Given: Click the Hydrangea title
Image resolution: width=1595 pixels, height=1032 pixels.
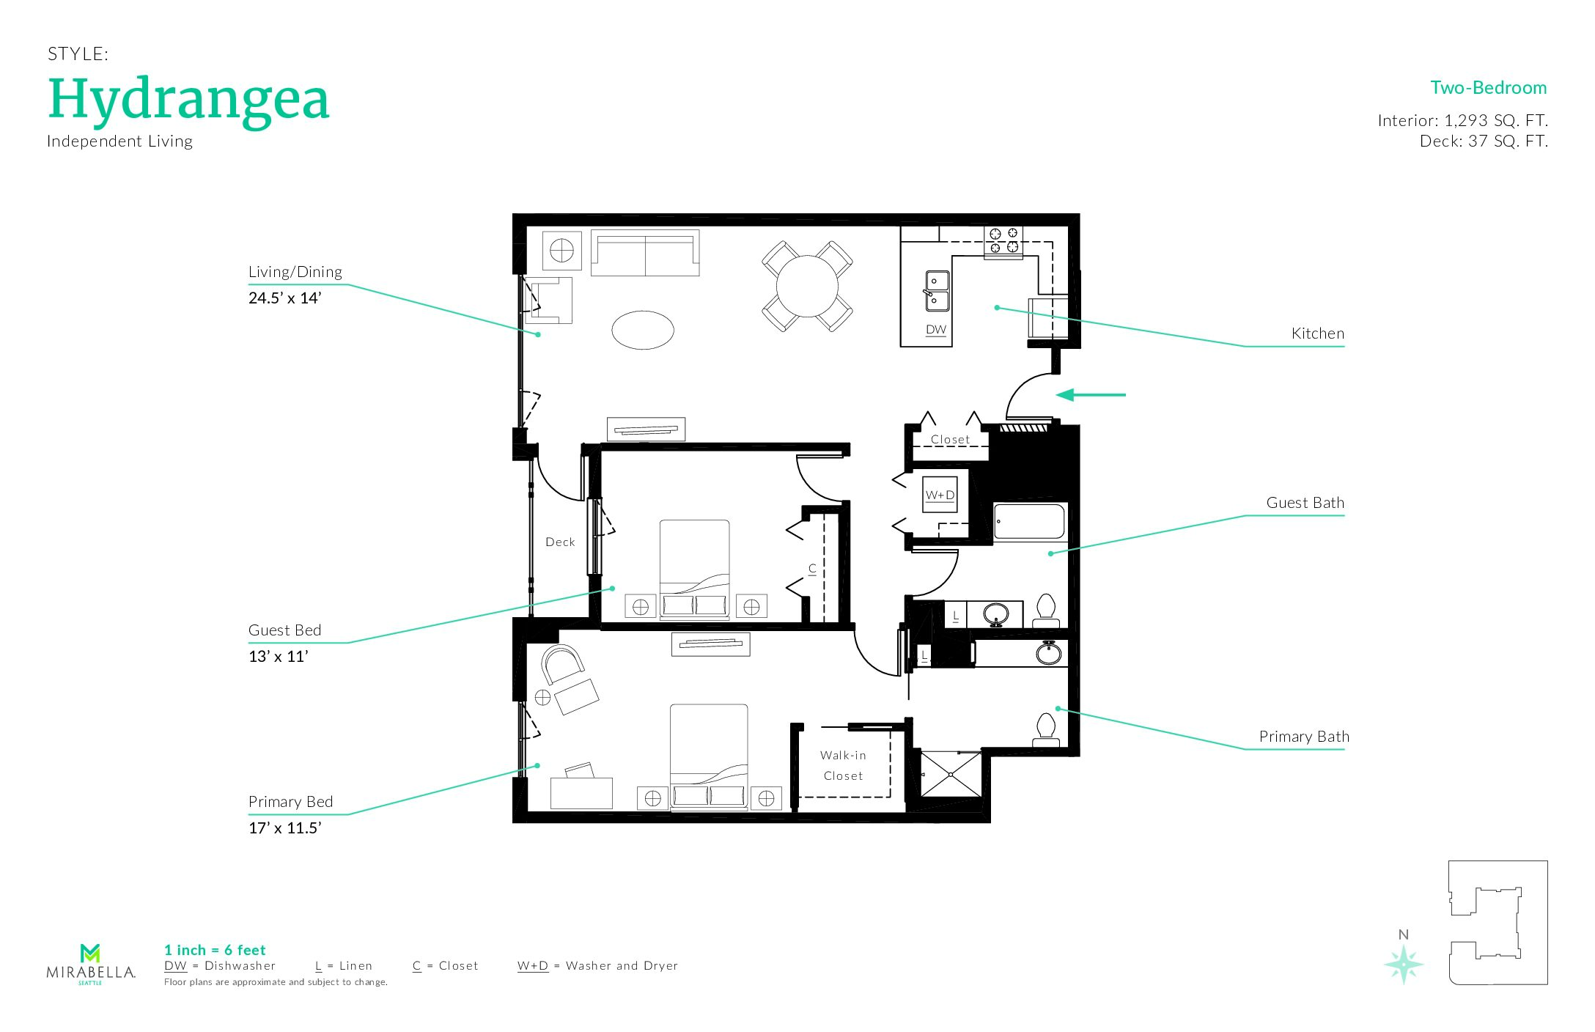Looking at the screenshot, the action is click(x=189, y=100).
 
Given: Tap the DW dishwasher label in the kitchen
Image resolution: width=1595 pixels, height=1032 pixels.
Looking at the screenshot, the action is click(x=936, y=330).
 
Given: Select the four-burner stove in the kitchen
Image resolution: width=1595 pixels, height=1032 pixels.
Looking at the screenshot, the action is click(x=1003, y=241).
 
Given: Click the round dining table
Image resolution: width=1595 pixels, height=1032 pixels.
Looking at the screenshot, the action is click(x=807, y=286).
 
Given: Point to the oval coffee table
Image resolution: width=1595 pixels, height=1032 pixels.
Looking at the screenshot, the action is click(x=643, y=330).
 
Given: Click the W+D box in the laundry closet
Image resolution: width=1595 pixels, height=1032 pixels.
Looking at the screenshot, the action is click(x=940, y=495).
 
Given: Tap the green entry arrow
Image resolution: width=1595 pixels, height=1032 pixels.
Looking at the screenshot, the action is click(x=1091, y=395).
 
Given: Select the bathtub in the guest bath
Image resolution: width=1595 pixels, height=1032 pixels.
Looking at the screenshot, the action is click(x=1030, y=521).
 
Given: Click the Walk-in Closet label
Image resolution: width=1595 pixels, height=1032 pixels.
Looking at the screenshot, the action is click(x=843, y=765).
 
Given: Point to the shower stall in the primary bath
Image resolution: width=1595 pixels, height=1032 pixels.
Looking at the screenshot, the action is click(x=951, y=773).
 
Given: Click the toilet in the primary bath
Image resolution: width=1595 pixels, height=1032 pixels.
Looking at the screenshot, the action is click(x=1046, y=730).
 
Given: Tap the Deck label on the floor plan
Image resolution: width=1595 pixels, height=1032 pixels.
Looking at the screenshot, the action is click(x=560, y=542).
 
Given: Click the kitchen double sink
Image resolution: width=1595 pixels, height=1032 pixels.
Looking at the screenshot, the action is click(x=936, y=291).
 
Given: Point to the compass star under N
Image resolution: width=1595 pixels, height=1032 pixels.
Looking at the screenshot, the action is click(x=1404, y=964).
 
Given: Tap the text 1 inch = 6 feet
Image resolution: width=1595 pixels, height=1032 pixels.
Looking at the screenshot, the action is click(x=215, y=951).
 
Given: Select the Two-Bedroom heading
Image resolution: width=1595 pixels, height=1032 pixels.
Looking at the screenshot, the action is click(x=1489, y=88).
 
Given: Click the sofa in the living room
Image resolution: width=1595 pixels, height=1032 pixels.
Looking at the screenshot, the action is click(x=645, y=254).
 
